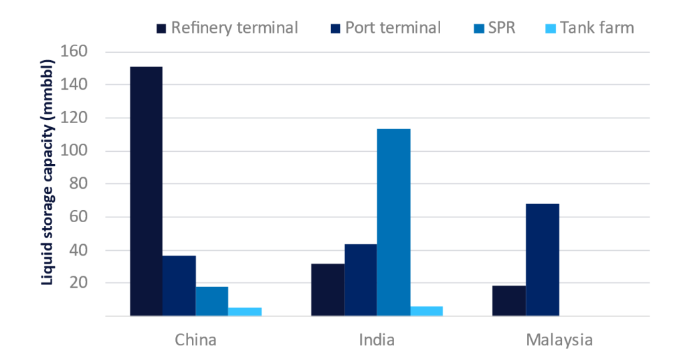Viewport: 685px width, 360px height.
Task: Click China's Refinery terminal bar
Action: click(x=146, y=191)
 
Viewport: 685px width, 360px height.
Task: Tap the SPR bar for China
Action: click(x=212, y=301)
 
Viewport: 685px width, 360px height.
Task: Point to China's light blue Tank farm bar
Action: click(x=245, y=311)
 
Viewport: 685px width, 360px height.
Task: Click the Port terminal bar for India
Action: click(x=361, y=280)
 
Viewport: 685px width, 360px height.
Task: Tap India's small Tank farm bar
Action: click(x=426, y=310)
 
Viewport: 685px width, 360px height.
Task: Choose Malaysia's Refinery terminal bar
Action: click(x=509, y=300)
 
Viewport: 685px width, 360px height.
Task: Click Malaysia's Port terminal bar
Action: click(x=542, y=260)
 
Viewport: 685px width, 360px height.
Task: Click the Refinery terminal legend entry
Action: click(x=227, y=28)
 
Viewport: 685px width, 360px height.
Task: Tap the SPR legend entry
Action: click(x=496, y=28)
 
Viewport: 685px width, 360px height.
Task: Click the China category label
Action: click(x=195, y=339)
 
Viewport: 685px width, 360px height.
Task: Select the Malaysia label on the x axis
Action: click(x=559, y=339)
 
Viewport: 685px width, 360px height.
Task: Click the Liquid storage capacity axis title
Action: click(x=47, y=173)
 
